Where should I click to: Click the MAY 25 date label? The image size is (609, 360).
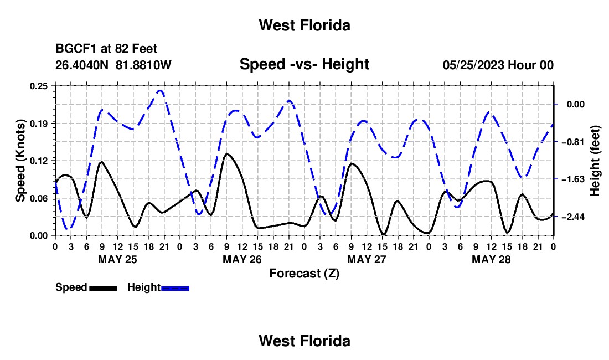118,259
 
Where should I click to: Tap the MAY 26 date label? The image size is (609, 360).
242,259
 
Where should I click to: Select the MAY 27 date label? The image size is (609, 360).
367,259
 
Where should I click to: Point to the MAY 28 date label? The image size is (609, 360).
491,259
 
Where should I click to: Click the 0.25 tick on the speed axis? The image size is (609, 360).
39,86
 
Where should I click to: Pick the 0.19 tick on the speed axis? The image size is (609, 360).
39,124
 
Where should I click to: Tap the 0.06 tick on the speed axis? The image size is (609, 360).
39,198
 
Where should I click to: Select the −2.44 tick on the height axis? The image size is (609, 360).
573,217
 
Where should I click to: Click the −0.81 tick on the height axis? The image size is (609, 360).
573,142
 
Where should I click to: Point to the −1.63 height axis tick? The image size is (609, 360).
573,179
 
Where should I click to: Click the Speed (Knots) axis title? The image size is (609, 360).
20,161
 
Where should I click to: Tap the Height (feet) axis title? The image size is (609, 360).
595,161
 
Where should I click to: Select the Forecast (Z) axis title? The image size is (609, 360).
304,274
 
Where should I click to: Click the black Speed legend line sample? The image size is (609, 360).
104,289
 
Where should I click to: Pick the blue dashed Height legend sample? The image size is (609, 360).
175,289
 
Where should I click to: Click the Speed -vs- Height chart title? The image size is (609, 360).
304,64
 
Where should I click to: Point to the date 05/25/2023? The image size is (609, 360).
473,65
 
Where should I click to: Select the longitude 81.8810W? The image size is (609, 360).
143,65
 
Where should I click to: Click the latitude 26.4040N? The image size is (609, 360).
82,65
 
